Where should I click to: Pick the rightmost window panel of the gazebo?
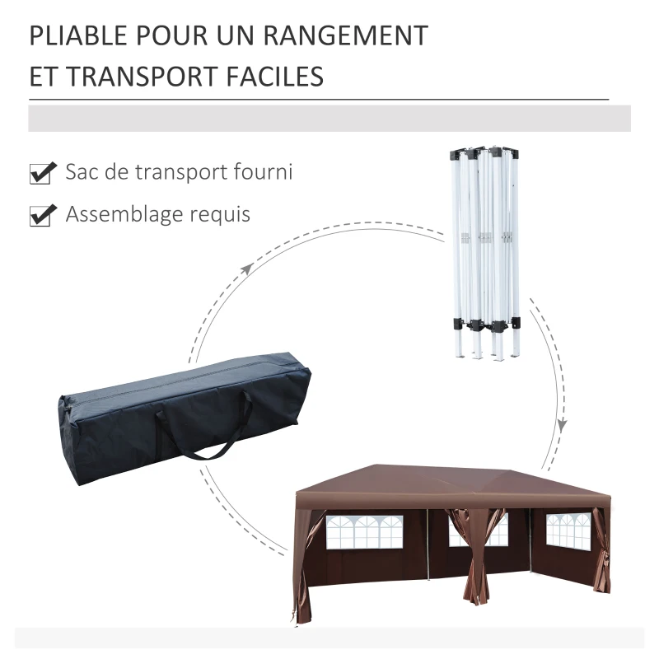pos(568,531)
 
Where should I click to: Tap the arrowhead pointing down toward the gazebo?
pos(562,425)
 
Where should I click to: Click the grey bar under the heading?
pos(329,118)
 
